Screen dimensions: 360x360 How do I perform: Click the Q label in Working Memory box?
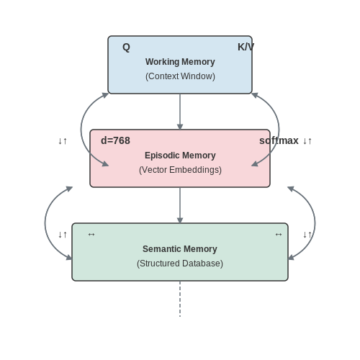[126, 48]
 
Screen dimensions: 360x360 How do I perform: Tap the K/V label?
[246, 47]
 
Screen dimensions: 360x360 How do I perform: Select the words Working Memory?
[180, 62]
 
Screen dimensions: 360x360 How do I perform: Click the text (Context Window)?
[180, 76]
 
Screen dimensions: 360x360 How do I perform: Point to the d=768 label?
[115, 140]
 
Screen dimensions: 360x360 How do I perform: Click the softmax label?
[279, 140]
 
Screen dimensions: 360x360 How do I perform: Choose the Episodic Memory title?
[180, 156]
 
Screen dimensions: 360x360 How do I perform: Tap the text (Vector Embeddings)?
[180, 170]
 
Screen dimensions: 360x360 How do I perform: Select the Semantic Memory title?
[180, 249]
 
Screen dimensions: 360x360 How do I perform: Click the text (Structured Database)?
[180, 264]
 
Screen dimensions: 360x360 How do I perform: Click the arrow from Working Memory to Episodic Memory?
[180, 112]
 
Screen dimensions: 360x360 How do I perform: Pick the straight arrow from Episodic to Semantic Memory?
[180, 205]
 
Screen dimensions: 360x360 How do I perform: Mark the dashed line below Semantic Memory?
[180, 299]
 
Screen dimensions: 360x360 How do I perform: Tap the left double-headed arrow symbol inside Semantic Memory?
[91, 235]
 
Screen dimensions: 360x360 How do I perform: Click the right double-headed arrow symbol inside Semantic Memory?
[279, 235]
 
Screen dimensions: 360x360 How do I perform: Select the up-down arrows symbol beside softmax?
[307, 141]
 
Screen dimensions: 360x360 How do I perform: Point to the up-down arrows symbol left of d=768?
[63, 141]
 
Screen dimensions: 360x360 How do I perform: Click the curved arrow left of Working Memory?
[81, 130]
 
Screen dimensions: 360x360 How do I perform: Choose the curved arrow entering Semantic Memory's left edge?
[45, 223]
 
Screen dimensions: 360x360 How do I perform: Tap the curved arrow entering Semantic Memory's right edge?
[315, 223]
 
